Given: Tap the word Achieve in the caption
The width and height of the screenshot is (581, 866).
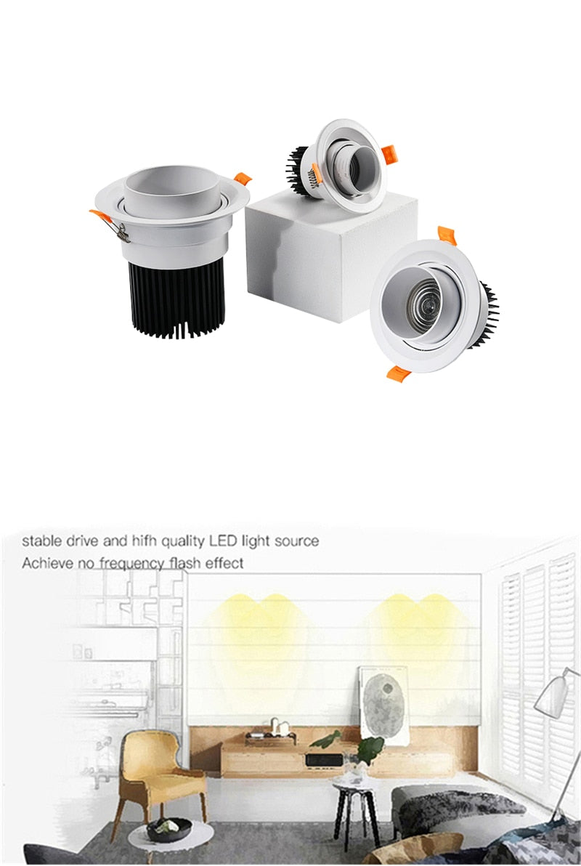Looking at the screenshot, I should (x=46, y=563).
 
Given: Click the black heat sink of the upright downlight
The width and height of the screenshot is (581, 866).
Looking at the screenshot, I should (x=176, y=298).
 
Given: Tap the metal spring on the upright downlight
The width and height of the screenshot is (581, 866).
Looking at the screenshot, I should (x=121, y=232).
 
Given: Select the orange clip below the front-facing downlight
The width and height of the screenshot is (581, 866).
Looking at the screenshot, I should (x=399, y=373).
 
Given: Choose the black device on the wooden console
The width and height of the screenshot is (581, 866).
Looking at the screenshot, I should (x=320, y=760).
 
